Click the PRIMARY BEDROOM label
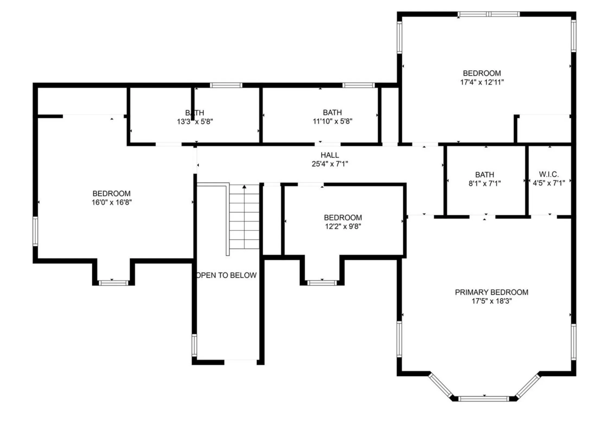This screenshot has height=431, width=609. pos(491,292)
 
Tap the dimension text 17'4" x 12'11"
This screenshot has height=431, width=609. pos(482,82)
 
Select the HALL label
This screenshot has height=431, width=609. pos(330,155)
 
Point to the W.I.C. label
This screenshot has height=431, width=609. pos(549,174)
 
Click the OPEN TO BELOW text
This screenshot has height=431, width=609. pos(227,275)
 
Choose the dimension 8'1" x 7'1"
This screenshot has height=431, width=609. pos(484,183)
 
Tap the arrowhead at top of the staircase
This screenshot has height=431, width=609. pos(244,187)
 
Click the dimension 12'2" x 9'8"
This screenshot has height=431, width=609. pos(343,226)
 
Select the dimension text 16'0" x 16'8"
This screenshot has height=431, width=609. pos(111,202)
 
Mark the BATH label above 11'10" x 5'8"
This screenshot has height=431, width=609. pos(332,112)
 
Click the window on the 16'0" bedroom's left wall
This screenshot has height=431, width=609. pos(35,231)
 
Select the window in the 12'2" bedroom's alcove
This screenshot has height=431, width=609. pos(322,283)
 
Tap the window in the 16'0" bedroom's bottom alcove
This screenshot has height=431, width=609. pos(113,283)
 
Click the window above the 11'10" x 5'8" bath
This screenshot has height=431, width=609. pos(358,85)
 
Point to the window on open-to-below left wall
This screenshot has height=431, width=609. pos(194,345)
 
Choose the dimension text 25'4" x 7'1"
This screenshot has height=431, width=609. pos(330,164)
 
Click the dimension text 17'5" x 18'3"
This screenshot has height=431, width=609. pos(491,301)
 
